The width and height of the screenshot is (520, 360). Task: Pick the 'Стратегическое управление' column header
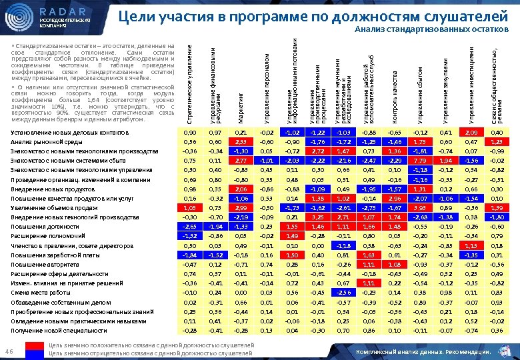tap(189, 81)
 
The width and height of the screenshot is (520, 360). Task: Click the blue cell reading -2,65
tap(189, 227)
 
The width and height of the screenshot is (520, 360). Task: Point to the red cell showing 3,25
tap(317, 217)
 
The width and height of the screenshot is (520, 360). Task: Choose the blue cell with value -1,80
tap(496, 217)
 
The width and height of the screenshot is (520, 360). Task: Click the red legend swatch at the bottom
tap(32, 345)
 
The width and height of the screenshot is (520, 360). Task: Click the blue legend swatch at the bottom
tap(32, 353)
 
